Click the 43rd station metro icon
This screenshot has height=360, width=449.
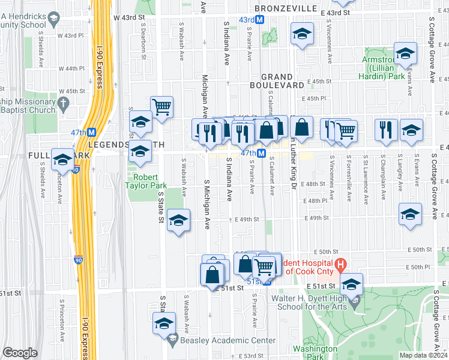(x=261, y=20)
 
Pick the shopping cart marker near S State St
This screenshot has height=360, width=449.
(x=162, y=107)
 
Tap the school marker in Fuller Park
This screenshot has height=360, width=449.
(x=62, y=160)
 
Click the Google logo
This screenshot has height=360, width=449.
(x=20, y=353)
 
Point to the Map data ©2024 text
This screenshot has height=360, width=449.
(x=423, y=355)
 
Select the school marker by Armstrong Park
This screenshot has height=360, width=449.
(x=405, y=55)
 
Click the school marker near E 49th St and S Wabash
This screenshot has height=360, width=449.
(x=178, y=220)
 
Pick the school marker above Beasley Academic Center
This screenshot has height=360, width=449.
(x=164, y=324)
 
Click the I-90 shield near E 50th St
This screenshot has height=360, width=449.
(x=79, y=260)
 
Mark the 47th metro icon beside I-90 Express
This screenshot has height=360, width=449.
(x=92, y=132)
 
